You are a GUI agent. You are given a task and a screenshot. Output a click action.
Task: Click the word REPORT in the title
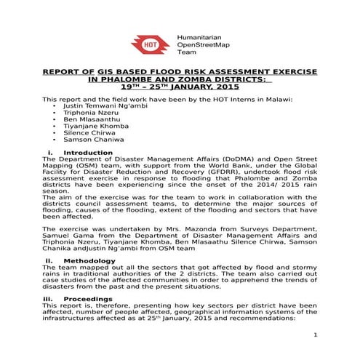pyautogui.click(x=63, y=73)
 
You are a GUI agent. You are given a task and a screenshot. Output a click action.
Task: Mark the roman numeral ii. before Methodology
pyautogui.click(x=49, y=260)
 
